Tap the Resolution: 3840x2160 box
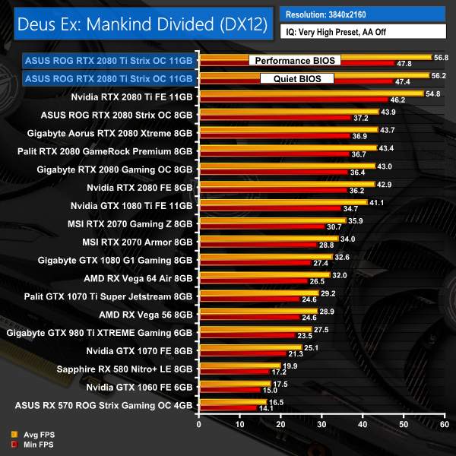[362, 14]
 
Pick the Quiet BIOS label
[297, 78]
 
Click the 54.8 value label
[434, 93]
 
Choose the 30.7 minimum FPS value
[335, 226]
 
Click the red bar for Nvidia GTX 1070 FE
[242, 353]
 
